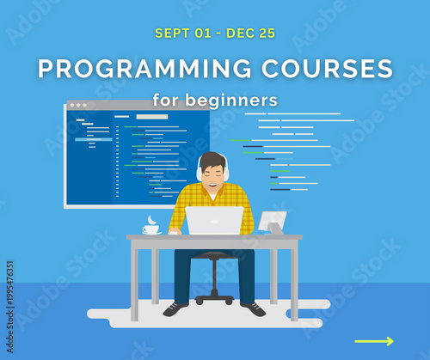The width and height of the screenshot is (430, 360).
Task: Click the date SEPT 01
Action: coord(182,34)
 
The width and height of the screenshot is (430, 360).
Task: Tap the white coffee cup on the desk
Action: coord(150,229)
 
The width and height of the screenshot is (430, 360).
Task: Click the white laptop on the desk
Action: coord(214,221)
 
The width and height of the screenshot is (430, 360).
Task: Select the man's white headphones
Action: coord(200,172)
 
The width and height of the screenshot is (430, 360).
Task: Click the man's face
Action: coord(212,174)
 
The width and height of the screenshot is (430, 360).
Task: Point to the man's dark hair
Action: coord(212,158)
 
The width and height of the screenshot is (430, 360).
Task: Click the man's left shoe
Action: coord(253,308)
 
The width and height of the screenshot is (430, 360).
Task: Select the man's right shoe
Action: coord(175,308)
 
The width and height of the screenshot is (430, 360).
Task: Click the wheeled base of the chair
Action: coord(214,297)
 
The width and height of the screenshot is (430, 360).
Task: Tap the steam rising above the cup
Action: coord(152,219)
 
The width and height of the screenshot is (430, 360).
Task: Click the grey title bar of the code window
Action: coord(138,106)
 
